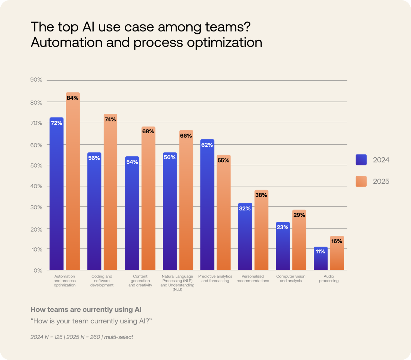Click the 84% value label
click(x=72, y=98)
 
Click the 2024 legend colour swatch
click(x=361, y=160)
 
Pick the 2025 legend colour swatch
click(x=361, y=181)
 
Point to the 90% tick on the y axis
click(x=36, y=80)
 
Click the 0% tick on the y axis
click(x=38, y=270)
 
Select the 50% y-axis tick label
click(x=36, y=166)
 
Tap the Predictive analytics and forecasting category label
click(x=215, y=278)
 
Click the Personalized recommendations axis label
click(x=253, y=278)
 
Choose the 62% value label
click(x=207, y=145)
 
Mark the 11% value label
click(x=320, y=251)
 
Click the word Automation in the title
click(x=67, y=43)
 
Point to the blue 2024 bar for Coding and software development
click(x=94, y=215)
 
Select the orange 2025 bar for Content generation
click(x=148, y=202)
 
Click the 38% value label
click(x=261, y=195)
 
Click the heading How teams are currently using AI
click(x=86, y=310)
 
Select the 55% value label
click(x=223, y=160)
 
